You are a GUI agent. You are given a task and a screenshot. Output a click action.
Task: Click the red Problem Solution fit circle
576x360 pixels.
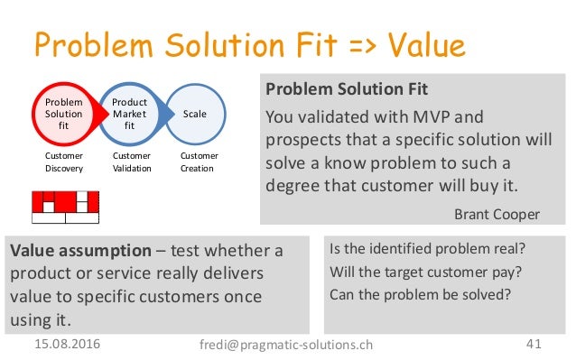click(63, 115)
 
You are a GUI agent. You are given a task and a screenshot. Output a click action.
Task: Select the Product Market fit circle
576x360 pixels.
click(129, 115)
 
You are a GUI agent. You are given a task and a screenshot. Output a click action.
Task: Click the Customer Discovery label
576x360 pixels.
click(63, 162)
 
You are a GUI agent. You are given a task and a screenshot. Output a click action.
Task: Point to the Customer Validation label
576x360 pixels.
click(132, 162)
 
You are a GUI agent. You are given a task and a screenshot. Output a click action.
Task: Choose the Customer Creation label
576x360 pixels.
click(200, 162)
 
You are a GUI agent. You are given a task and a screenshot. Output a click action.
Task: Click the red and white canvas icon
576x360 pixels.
click(65, 207)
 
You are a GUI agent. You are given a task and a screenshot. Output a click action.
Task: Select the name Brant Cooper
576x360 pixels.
click(497, 214)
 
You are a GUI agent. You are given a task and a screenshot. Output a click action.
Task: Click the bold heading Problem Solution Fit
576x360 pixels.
click(347, 90)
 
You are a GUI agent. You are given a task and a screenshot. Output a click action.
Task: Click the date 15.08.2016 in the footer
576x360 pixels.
click(68, 345)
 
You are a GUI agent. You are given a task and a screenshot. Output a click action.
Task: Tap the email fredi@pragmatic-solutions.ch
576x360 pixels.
click(286, 345)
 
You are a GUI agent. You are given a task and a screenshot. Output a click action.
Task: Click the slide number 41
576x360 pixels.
click(534, 345)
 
